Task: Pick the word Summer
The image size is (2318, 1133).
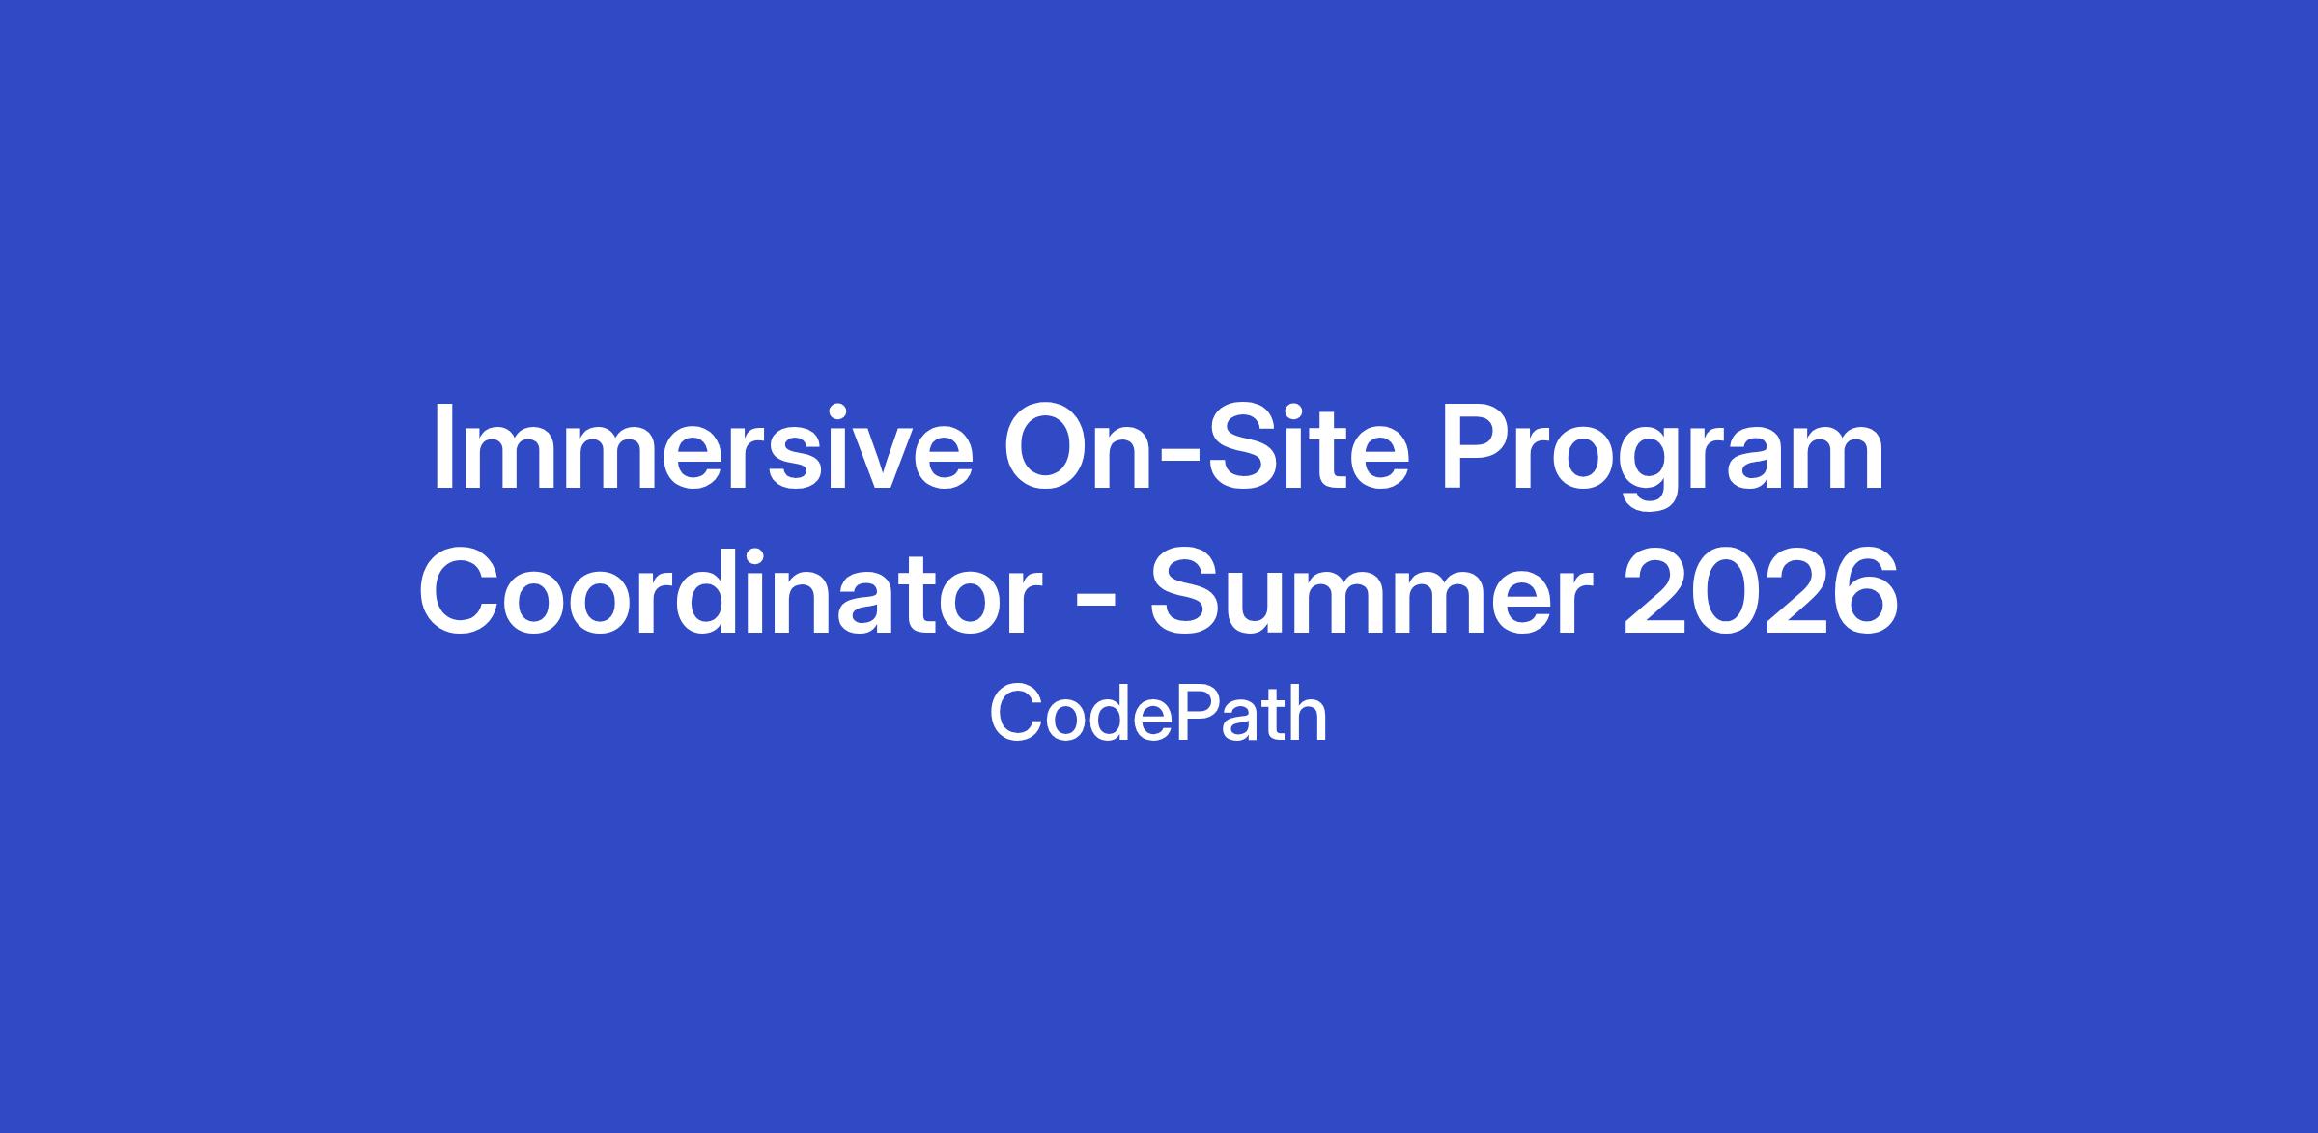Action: (x=1371, y=589)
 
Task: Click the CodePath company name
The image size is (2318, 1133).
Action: (x=1158, y=715)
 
